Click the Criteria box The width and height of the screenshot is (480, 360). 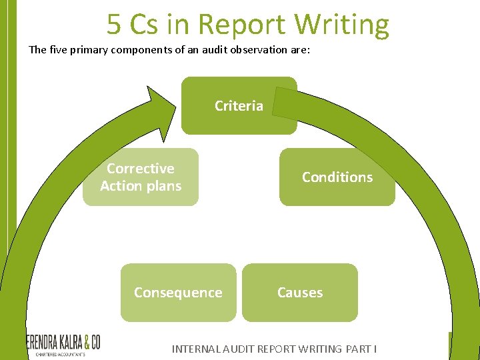[x=239, y=105]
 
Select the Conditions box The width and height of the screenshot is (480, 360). [x=337, y=177]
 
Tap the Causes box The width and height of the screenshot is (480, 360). [x=300, y=293]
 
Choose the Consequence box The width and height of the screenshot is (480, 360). [x=178, y=293]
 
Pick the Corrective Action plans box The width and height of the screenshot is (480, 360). [x=141, y=177]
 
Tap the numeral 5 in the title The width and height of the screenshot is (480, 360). [x=114, y=25]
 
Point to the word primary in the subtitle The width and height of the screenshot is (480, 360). [x=87, y=50]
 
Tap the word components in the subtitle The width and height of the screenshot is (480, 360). [x=141, y=50]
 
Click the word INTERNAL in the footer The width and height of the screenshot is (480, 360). [x=195, y=349]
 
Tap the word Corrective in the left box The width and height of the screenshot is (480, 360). [x=141, y=169]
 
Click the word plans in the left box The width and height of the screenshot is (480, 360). [x=164, y=186]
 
